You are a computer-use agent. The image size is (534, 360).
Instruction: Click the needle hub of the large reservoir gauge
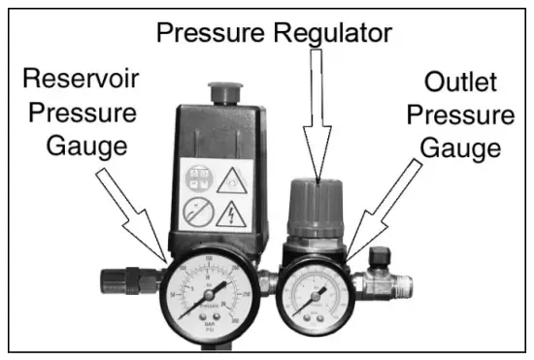pyautogui.click(x=210, y=292)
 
